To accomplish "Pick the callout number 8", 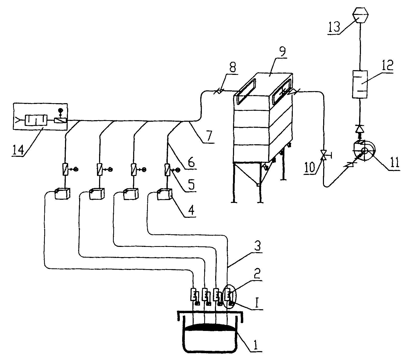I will (x=232, y=67).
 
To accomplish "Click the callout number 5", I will (x=191, y=185).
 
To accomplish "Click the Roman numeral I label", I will (x=258, y=304).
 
